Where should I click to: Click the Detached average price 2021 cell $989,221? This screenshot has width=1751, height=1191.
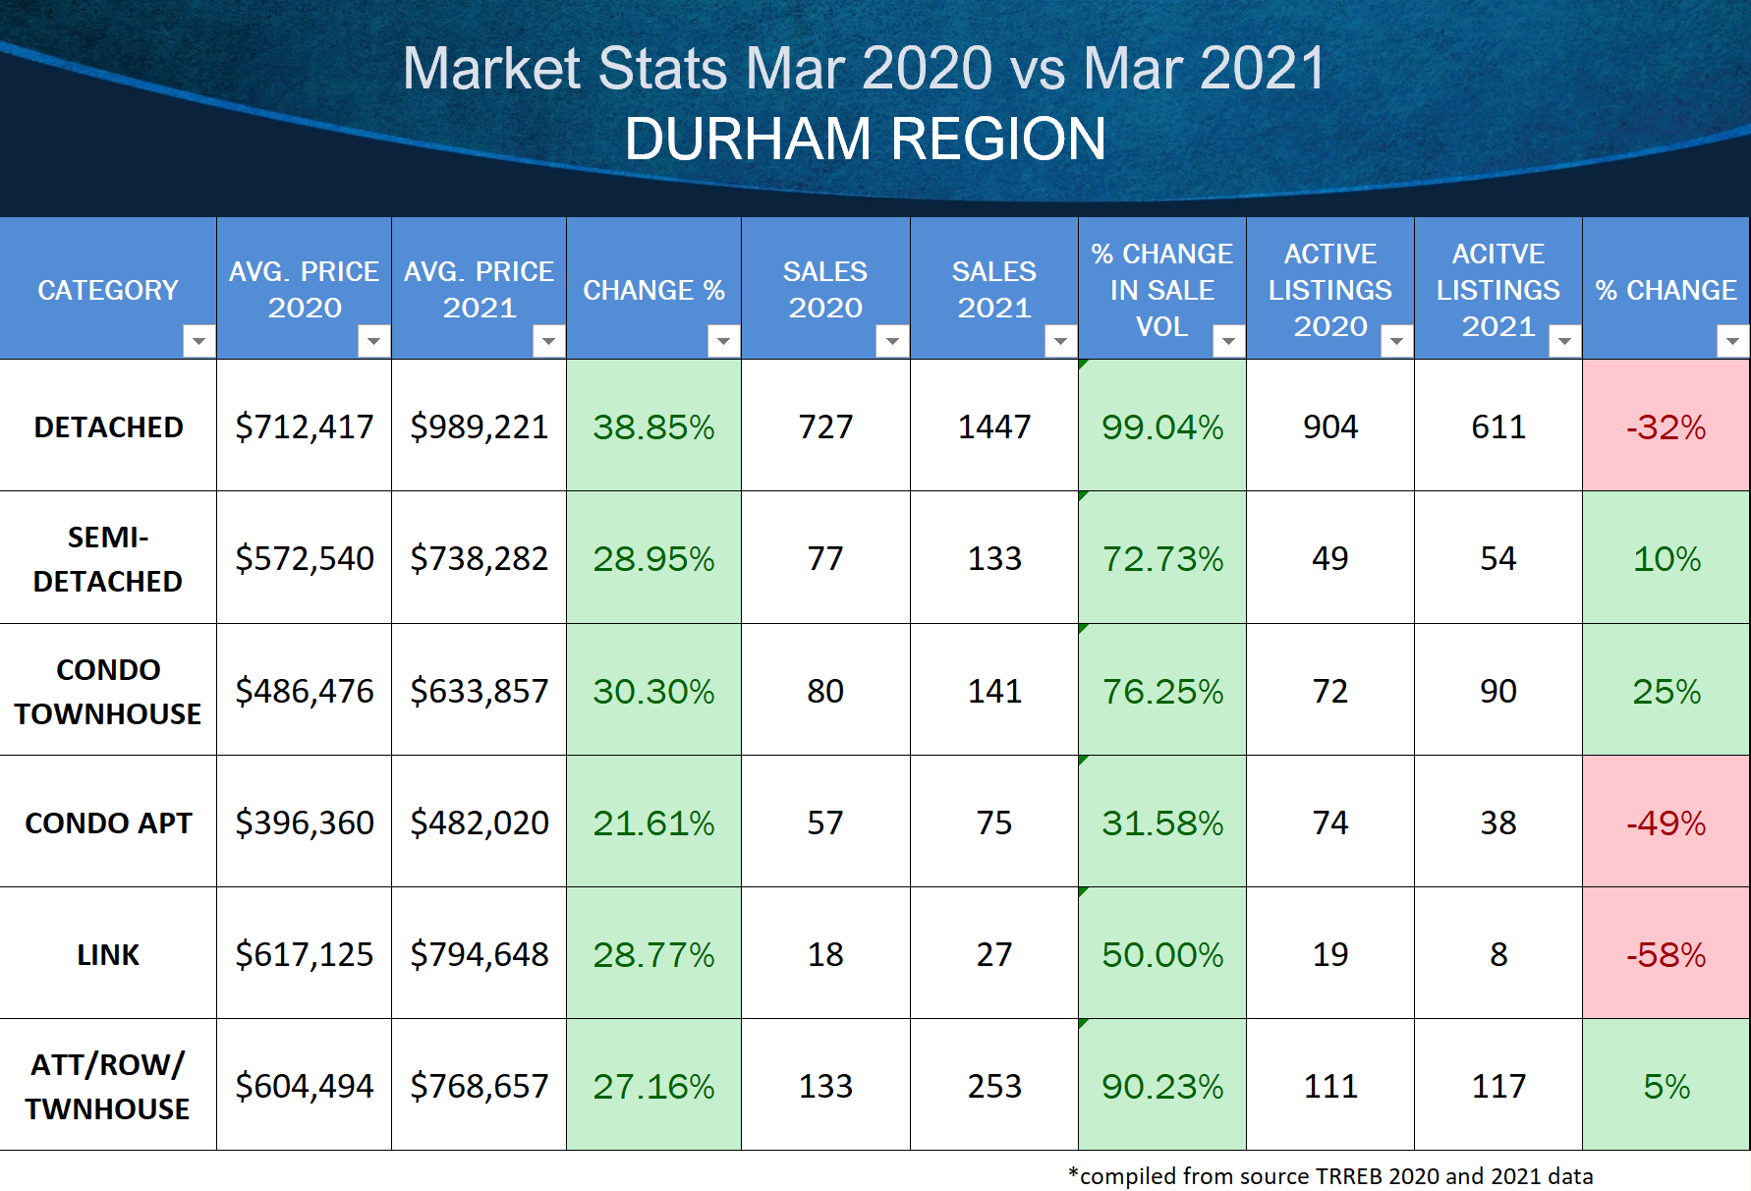[479, 426]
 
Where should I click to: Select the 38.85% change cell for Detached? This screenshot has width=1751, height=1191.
[653, 426]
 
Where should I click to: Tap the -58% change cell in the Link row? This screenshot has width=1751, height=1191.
[1666, 954]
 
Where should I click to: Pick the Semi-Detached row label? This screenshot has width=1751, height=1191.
[108, 559]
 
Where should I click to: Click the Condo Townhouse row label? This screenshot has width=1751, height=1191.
[108, 691]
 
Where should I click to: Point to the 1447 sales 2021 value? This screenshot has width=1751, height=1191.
[994, 426]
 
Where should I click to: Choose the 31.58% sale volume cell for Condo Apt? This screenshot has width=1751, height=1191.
[1162, 822]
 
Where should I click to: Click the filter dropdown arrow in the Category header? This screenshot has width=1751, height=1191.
[198, 341]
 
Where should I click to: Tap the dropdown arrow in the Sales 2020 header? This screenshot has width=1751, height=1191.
[892, 341]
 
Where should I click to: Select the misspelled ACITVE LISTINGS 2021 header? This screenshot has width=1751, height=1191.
[1497, 289]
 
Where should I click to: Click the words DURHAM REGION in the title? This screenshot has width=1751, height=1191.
[865, 139]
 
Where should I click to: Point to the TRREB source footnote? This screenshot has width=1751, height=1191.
[1330, 1175]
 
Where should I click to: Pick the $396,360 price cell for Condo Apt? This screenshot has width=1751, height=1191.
[305, 822]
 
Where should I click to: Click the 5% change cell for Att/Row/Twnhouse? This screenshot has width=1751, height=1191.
[1666, 1086]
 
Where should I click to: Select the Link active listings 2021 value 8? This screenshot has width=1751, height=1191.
[1497, 954]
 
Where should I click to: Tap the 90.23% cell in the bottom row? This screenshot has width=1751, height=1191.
[1162, 1086]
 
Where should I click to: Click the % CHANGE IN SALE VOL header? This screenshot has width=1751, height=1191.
[1161, 289]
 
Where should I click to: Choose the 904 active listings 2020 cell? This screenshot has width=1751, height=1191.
[1330, 426]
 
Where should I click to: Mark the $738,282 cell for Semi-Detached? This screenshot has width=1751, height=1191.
[479, 559]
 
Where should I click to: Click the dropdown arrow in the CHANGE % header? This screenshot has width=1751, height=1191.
[723, 341]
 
